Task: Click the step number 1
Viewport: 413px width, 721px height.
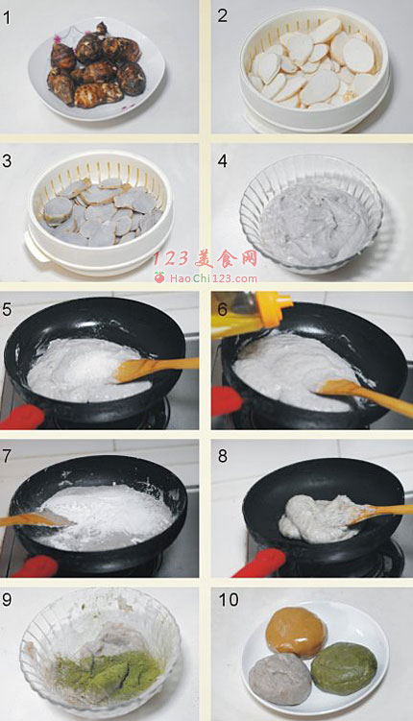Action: (7, 18)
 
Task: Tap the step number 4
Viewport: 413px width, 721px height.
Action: (223, 162)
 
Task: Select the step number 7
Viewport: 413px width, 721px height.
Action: (7, 456)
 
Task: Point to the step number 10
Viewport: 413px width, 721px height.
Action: (229, 600)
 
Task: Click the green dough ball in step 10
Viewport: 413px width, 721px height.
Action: (344, 668)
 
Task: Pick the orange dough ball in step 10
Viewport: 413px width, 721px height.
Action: (296, 632)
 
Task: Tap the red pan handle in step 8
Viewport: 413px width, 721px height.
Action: (259, 563)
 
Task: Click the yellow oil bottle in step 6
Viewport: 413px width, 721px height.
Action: (251, 313)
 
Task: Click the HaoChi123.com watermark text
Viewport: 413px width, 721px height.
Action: (213, 278)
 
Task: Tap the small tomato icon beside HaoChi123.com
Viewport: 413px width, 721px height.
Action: (159, 277)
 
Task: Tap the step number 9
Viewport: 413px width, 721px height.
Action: (7, 600)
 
